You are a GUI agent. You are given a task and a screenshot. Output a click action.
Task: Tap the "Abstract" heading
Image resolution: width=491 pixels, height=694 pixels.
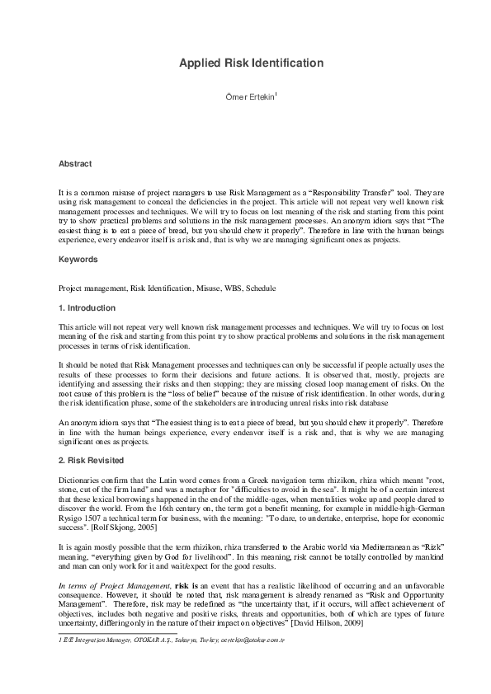(75, 164)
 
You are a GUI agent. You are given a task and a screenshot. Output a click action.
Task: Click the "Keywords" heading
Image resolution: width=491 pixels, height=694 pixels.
(78, 259)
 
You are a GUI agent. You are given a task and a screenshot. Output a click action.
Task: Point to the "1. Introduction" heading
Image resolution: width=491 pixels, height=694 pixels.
(87, 307)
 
